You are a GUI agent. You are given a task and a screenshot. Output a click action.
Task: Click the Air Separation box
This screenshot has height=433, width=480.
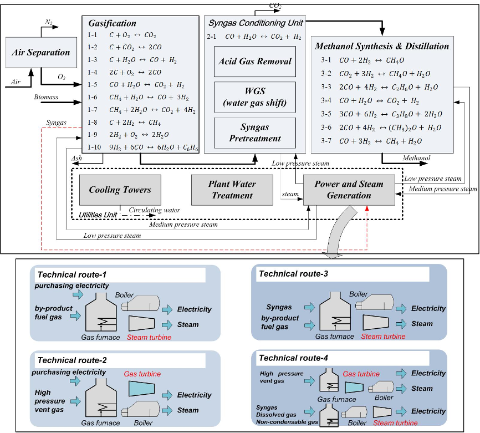pos(41,53)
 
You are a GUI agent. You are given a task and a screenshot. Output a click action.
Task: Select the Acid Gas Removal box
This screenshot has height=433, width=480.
pos(255,62)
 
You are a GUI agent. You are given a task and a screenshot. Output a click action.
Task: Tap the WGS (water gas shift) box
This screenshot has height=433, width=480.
pos(255,97)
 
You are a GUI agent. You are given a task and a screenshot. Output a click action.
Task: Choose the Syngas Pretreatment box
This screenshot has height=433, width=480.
pos(255,133)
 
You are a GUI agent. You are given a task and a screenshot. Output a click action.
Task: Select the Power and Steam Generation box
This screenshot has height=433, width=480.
pos(349,190)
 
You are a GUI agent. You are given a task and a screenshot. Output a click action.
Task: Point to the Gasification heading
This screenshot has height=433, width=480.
pos(112,23)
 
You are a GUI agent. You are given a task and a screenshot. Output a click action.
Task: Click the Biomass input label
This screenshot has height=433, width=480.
pos(46,97)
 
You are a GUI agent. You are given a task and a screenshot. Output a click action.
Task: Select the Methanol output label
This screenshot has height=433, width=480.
pos(416,158)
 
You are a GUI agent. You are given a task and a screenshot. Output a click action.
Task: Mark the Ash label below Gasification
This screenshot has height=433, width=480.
pos(76,159)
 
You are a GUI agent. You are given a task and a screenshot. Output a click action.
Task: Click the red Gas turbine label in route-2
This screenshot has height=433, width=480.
pos(142,374)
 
